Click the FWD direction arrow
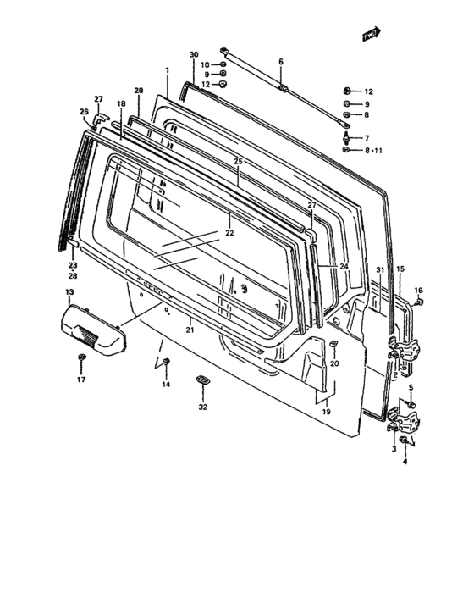[370, 35]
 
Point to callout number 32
[202, 407]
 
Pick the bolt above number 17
[80, 362]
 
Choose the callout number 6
[281, 61]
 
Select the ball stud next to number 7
[347, 136]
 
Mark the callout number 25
[238, 161]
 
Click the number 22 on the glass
[229, 232]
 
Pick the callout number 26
[84, 112]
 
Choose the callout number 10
[205, 64]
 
